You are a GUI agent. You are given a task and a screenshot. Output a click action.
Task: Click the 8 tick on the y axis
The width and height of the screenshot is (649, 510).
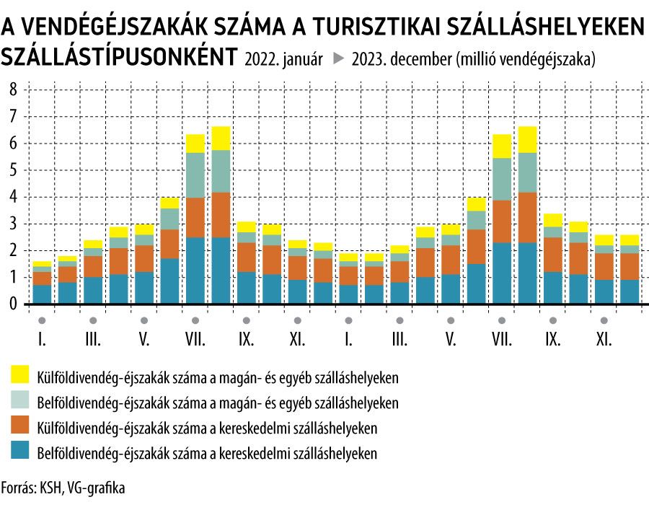12,89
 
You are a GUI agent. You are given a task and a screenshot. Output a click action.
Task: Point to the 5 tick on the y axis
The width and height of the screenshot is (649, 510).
12,170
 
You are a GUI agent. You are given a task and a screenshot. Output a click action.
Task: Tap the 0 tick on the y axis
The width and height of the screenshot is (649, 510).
12,304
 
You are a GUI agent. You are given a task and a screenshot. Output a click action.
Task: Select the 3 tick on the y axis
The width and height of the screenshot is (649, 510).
12,224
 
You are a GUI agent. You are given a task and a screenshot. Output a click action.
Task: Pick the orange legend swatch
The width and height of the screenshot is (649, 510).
20,427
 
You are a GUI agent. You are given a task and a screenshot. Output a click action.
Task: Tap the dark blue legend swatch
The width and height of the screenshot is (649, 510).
20,453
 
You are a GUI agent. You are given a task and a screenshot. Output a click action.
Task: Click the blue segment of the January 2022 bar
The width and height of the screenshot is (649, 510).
42,294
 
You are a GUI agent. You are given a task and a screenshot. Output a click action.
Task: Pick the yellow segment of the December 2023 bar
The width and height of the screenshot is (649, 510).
630,240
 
